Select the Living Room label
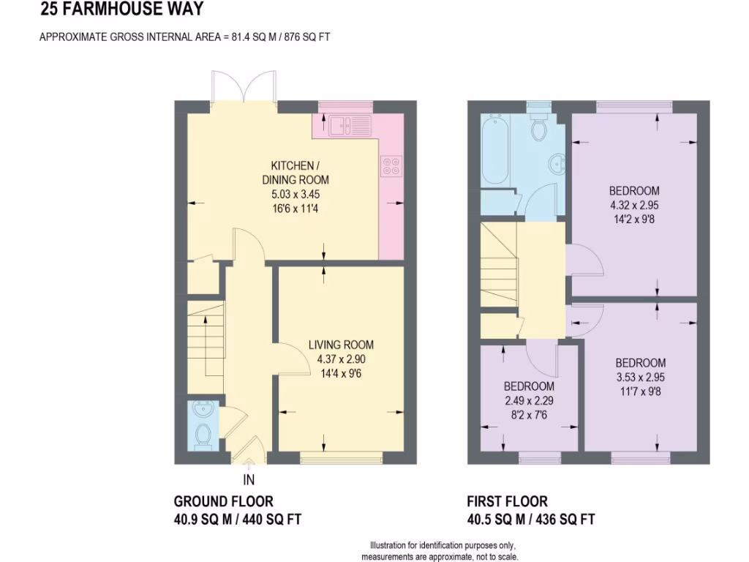[341, 345]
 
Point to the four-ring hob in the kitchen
[390, 166]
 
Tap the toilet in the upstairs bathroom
[540, 127]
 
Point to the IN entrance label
[249, 480]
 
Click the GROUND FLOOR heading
[223, 501]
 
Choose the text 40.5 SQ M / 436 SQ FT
[530, 520]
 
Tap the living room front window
[341, 459]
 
